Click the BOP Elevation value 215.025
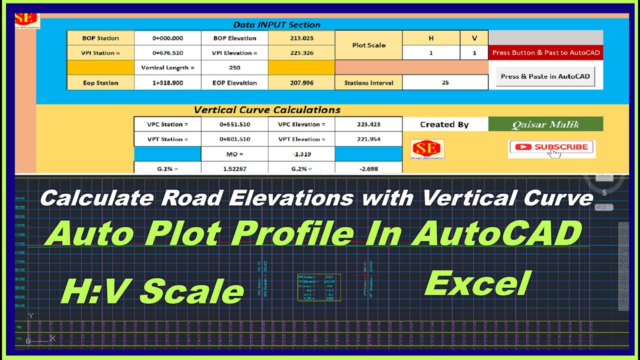[x=301, y=38]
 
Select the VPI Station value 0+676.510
[x=167, y=53]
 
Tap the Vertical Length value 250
[x=234, y=67]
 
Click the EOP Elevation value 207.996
[x=301, y=83]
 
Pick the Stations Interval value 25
[x=445, y=83]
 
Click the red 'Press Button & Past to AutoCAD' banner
[x=545, y=52]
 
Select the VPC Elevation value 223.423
[x=368, y=124]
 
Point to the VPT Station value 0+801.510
[x=234, y=139]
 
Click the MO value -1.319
[x=301, y=154]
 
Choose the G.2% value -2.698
[x=368, y=168]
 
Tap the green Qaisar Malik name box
[x=545, y=124]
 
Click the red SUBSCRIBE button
[x=551, y=147]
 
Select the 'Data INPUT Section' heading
[x=276, y=24]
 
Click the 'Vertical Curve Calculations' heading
[x=267, y=110]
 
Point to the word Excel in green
[x=477, y=284]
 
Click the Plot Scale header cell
[x=368, y=45]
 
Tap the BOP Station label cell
[x=100, y=38]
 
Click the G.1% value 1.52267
[x=234, y=168]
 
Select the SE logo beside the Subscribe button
[x=427, y=149]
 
